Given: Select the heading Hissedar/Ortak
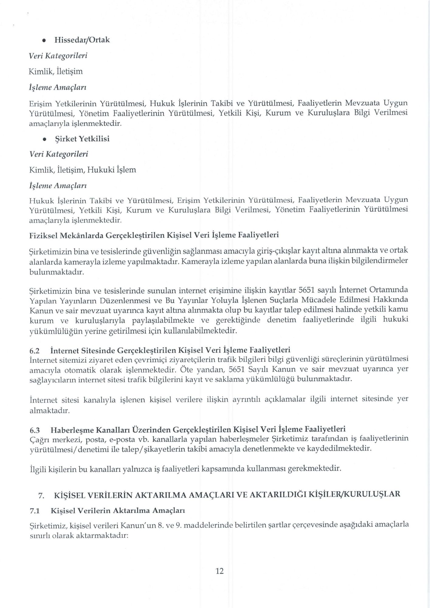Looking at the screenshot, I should coord(82,40).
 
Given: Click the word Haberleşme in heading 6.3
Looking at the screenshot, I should coord(72,430).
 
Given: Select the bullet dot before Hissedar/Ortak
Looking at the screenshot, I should coord(44,40).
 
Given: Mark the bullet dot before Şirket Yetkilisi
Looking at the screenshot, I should coord(44,139).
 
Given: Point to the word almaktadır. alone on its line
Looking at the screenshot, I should coord(50,411).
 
